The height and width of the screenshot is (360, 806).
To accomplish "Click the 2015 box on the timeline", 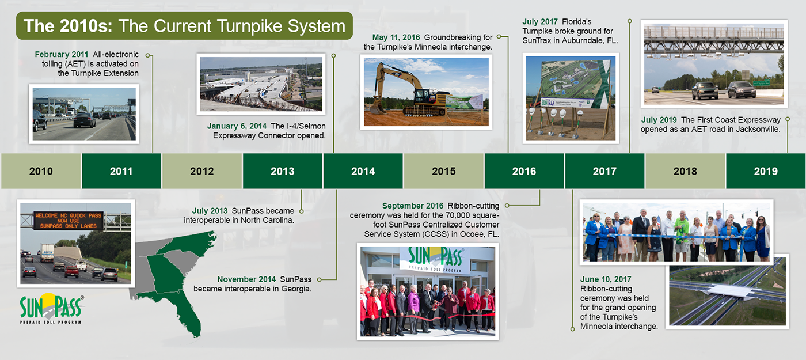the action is tap(444, 171).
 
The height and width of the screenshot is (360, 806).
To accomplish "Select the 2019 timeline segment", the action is tap(766, 171).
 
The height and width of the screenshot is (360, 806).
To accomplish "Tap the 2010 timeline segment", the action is tap(41, 171).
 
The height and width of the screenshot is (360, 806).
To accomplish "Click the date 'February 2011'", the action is tap(62, 54).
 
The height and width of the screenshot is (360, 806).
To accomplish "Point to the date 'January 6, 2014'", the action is tap(237, 126).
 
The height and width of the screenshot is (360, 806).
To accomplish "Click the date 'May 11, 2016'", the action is tap(396, 37).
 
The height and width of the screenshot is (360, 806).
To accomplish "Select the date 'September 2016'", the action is tap(413, 206).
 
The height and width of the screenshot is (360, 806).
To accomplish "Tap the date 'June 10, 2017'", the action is tap(606, 279).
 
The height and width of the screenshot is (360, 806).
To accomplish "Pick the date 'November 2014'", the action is tap(246, 279).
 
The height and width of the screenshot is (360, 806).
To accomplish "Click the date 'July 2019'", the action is tap(659, 120).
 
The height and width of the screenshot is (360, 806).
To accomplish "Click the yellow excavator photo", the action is tap(427, 92).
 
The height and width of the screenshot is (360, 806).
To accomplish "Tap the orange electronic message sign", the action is tap(69, 220).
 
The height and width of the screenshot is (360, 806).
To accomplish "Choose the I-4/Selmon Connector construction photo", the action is tap(261, 84).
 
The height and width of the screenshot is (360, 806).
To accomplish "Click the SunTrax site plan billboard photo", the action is tap(571, 98).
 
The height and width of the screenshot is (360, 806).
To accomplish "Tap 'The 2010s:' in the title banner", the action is tap(69, 26).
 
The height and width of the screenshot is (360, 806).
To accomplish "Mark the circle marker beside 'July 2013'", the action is tap(302, 211).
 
